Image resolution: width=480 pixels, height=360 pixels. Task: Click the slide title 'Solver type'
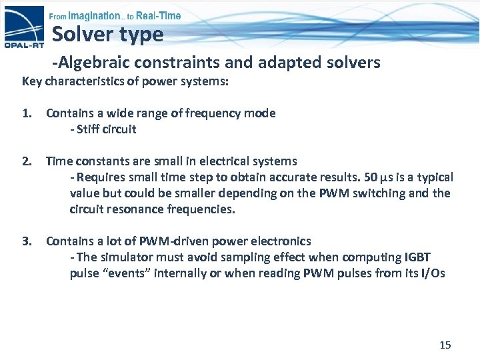107,34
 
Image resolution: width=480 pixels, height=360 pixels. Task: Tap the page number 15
445,345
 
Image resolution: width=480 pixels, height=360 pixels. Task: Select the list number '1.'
27,113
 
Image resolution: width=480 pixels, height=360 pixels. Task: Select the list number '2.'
27,161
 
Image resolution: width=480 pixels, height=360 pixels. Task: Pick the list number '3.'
27,241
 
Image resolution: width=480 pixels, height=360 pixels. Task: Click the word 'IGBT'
418,257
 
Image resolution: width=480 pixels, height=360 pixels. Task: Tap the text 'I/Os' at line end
431,273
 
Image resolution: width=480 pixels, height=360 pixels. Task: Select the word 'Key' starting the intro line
32,81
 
